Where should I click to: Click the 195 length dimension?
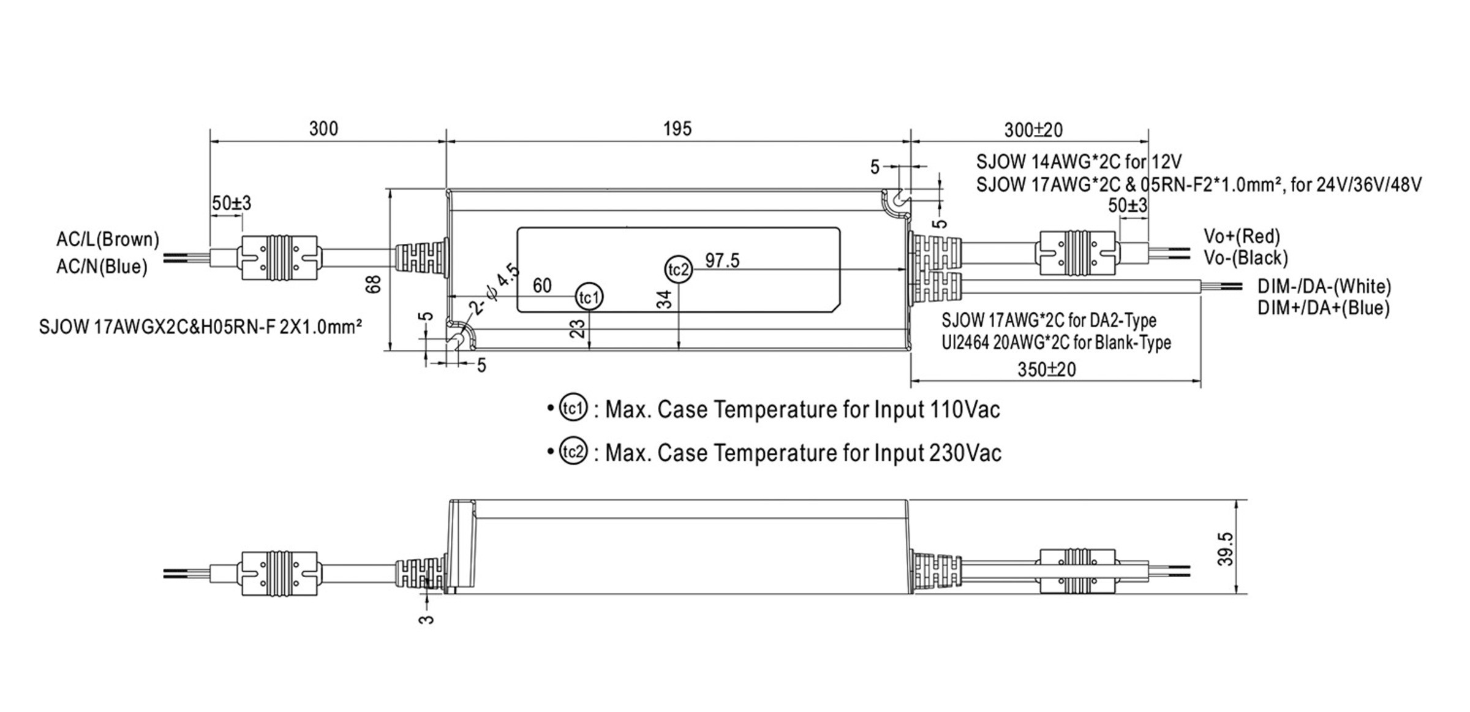click(677, 129)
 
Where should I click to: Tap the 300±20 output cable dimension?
click(1033, 130)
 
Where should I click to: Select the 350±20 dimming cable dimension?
click(1046, 369)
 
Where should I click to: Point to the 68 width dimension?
click(374, 284)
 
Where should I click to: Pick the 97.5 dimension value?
click(722, 260)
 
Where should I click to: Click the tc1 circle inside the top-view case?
click(589, 297)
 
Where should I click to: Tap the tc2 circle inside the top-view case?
click(679, 270)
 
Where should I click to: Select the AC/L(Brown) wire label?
click(108, 239)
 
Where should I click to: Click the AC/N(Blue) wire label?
click(102, 267)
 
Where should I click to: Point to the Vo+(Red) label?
click(1242, 236)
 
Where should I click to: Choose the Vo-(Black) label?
click(1245, 257)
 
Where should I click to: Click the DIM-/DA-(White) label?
click(1324, 286)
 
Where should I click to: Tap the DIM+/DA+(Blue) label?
click(1323, 308)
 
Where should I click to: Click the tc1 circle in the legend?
click(573, 408)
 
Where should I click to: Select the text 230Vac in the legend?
click(965, 453)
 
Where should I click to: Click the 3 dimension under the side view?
click(426, 619)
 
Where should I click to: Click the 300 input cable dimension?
click(323, 129)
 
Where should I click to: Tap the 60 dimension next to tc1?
click(542, 286)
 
